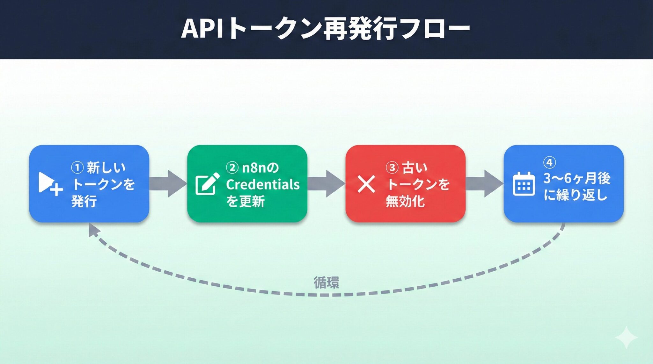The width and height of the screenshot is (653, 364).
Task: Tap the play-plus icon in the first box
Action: [50, 184]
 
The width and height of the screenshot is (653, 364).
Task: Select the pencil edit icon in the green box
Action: [207, 184]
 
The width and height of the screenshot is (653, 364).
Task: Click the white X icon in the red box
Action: [366, 184]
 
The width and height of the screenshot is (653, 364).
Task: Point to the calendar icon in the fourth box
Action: [524, 184]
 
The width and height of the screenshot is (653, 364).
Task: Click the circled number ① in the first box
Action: [77, 168]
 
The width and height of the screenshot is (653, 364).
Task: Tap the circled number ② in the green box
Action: [232, 168]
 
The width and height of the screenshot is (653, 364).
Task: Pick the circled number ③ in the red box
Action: [392, 168]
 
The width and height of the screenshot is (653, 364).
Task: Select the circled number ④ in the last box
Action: [549, 162]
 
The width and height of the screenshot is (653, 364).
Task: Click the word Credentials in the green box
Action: [263, 184]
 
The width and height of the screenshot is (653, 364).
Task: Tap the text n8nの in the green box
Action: [260, 168]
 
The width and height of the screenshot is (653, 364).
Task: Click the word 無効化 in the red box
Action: [405, 201]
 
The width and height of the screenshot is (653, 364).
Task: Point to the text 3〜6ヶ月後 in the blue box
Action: [576, 178]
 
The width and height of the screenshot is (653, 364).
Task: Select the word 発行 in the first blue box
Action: [84, 201]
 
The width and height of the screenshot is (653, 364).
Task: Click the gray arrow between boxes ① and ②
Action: [168, 184]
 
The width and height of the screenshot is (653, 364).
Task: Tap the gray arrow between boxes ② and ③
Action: [326, 184]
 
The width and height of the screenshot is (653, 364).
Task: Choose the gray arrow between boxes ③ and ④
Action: [484, 184]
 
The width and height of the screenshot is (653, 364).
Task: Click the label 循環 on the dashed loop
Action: [326, 282]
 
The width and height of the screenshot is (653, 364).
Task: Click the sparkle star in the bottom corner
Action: [626, 337]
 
